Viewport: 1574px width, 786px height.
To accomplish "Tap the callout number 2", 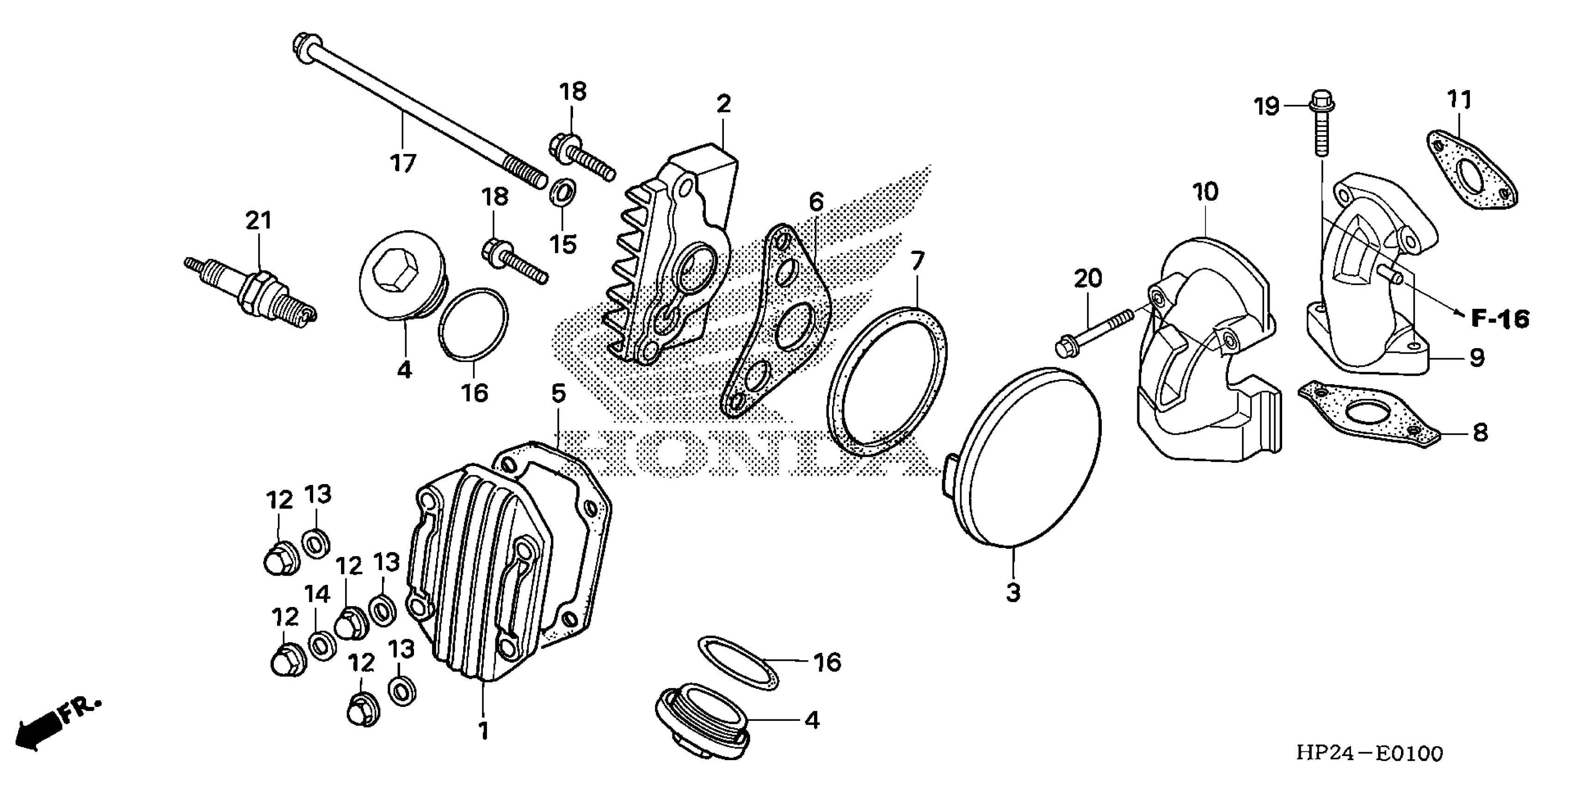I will pos(723,104).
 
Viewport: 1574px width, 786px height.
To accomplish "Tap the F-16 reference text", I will pos(1500,318).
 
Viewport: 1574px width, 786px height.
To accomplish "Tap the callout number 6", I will pos(816,202).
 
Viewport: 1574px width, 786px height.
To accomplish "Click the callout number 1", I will pos(484,731).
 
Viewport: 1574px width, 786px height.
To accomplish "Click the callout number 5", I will pos(558,394).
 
